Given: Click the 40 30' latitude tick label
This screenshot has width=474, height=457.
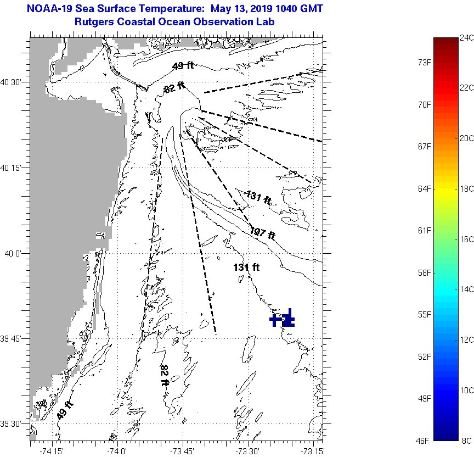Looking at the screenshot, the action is pyautogui.click(x=10, y=82).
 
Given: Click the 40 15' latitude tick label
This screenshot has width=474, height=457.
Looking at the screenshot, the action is pyautogui.click(x=10, y=168).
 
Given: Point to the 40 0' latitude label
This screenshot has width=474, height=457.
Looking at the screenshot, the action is pyautogui.click(x=13, y=253).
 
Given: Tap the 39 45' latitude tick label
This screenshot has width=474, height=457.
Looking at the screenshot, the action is pyautogui.click(x=10, y=339).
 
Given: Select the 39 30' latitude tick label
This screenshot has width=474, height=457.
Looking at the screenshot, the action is pyautogui.click(x=10, y=423).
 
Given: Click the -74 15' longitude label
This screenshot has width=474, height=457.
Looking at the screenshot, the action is pyautogui.click(x=52, y=452).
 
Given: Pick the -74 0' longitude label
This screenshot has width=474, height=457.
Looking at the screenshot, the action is pyautogui.click(x=117, y=452).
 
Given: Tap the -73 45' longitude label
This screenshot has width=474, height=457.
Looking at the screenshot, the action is pyautogui.click(x=182, y=452).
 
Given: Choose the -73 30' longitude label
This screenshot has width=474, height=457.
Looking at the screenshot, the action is pyautogui.click(x=247, y=452).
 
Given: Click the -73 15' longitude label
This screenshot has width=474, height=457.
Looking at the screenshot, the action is pyautogui.click(x=313, y=452).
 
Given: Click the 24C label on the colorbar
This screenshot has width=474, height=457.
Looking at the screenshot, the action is pyautogui.click(x=466, y=38).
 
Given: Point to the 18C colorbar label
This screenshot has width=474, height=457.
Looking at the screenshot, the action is pyautogui.click(x=466, y=188).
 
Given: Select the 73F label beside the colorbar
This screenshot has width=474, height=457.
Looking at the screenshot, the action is pyautogui.click(x=425, y=63).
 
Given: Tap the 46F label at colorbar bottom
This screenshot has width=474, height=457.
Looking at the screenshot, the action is pyautogui.click(x=422, y=441).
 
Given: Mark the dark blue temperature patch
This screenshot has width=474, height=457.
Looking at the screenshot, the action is pyautogui.click(x=283, y=319).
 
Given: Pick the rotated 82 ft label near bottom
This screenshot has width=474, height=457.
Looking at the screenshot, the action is pyautogui.click(x=164, y=375).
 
